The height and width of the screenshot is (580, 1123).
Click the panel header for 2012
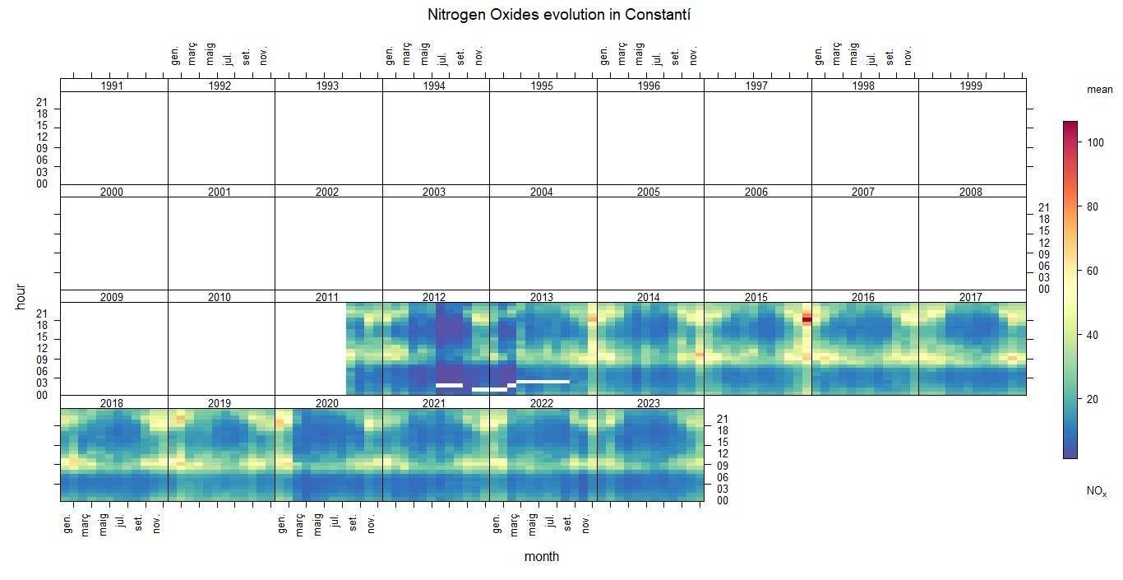pos(434,297)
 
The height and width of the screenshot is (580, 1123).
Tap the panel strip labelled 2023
pos(649,402)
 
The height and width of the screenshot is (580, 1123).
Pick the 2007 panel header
pos(863,192)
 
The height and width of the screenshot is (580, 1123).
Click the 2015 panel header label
pos(756,297)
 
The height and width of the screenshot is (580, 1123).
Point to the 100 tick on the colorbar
pos(1094,142)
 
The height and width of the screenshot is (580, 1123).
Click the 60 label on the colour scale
pos(1093,271)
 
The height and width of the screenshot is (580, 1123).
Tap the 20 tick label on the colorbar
pos(1093,399)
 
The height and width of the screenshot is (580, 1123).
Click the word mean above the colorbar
pos(1099,90)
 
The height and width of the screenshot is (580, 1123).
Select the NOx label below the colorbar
pos(1096,491)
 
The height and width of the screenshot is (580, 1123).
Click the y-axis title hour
pos(21,296)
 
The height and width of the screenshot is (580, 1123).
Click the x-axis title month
pos(542,557)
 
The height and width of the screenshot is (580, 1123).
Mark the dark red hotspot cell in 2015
pos(806,320)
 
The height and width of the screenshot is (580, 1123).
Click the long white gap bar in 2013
pos(543,382)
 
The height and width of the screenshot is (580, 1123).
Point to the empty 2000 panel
pos(113,243)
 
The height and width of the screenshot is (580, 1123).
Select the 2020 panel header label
pos(327,402)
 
